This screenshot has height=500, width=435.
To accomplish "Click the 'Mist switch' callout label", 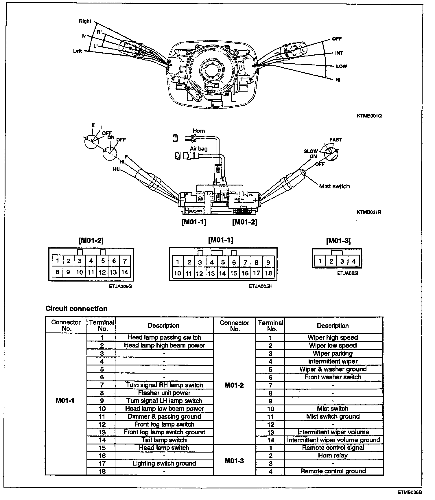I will pos(334,186).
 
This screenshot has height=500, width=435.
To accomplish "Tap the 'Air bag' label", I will pos(199,149).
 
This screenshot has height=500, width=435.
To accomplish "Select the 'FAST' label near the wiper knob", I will pos(336,140).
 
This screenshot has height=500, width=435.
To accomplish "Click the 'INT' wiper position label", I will pos(339,53).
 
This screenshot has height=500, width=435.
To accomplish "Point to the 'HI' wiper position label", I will pos(338,80).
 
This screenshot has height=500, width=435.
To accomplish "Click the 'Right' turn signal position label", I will pos(85,21).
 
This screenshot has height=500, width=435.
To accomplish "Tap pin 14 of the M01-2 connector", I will pos(125,272).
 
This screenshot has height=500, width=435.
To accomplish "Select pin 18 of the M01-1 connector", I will pos(268,273).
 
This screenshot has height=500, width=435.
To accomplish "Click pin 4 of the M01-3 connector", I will pos(353,261).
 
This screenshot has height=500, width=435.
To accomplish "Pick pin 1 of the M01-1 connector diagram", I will pos(178,262).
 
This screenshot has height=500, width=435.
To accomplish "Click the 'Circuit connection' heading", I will pos(76,309).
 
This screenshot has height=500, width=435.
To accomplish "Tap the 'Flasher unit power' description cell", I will pos(164,393).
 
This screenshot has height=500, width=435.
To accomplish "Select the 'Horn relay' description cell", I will pos(333,455).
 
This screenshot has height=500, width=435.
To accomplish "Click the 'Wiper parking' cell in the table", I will pos(333,353).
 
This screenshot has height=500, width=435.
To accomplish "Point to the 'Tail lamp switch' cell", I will pos(164,440).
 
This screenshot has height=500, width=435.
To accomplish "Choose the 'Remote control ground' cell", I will pos(333,471).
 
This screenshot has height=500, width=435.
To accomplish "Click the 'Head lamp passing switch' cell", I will pos(164,337).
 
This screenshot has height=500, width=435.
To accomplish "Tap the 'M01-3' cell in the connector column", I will pos(234,461).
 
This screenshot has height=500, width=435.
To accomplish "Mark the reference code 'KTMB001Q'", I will pos(369,116).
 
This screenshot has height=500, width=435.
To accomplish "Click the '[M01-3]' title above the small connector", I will pos(338,241).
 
